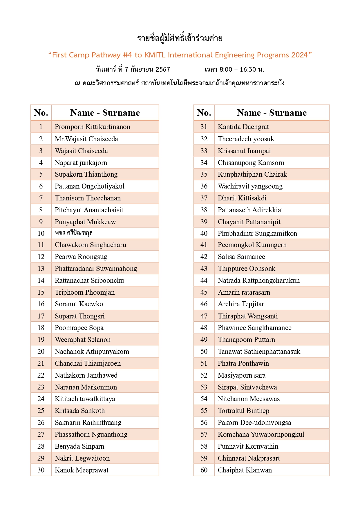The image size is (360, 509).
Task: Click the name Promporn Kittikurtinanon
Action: [93, 127]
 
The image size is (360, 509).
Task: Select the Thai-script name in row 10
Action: [74, 233]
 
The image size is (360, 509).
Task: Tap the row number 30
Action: [41, 470]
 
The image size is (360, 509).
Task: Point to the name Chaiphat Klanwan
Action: [245, 470]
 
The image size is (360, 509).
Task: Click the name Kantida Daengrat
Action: [243, 127]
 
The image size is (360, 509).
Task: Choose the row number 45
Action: [204, 292]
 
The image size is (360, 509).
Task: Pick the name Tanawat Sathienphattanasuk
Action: [259, 352]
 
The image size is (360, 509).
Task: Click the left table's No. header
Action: [41, 113]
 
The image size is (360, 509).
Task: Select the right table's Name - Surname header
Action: [272, 113]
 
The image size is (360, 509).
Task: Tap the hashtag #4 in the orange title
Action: [127, 55]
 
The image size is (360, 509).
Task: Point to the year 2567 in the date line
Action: [163, 70]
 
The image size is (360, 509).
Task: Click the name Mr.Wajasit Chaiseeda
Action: [86, 139]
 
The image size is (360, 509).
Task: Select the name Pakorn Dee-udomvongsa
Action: [254, 423]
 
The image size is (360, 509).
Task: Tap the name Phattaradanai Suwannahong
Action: [96, 269]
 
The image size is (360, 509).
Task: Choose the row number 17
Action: [41, 316]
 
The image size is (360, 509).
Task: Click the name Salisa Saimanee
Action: [241, 257]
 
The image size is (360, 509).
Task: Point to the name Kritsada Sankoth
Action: [80, 411]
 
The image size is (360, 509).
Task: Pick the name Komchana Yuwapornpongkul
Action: [261, 434]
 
